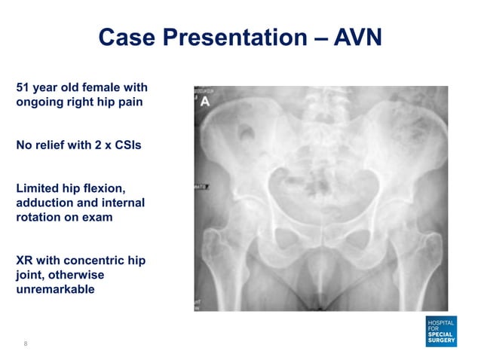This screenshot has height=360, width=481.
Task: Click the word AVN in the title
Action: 355,36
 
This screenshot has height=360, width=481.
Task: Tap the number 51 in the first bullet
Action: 23,88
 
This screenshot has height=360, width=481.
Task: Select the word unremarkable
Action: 55,289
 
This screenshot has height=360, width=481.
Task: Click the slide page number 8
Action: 26,343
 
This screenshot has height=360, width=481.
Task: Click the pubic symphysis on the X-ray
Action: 319,260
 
